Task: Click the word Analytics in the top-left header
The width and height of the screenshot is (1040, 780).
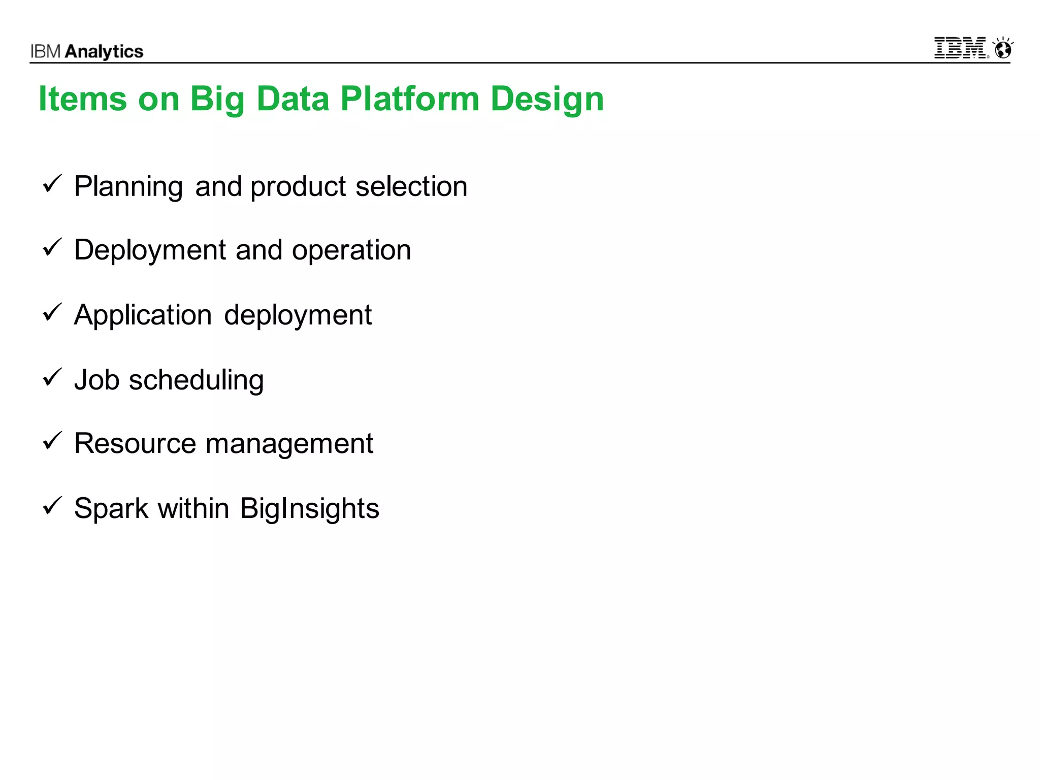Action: [104, 52]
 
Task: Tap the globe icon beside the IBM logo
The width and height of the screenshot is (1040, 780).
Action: [1003, 49]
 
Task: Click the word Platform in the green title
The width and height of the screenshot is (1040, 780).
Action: [409, 99]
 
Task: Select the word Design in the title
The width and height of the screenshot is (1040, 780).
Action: [547, 99]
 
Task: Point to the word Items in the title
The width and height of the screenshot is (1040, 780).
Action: [82, 99]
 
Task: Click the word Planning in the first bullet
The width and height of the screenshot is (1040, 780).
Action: [128, 186]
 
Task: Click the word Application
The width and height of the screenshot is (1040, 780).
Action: [143, 315]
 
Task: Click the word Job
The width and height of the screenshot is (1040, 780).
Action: [96, 380]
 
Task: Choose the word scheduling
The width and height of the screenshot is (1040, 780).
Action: [196, 380]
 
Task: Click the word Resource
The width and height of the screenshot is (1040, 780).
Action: [135, 443]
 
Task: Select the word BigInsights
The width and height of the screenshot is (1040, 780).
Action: [309, 508]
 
